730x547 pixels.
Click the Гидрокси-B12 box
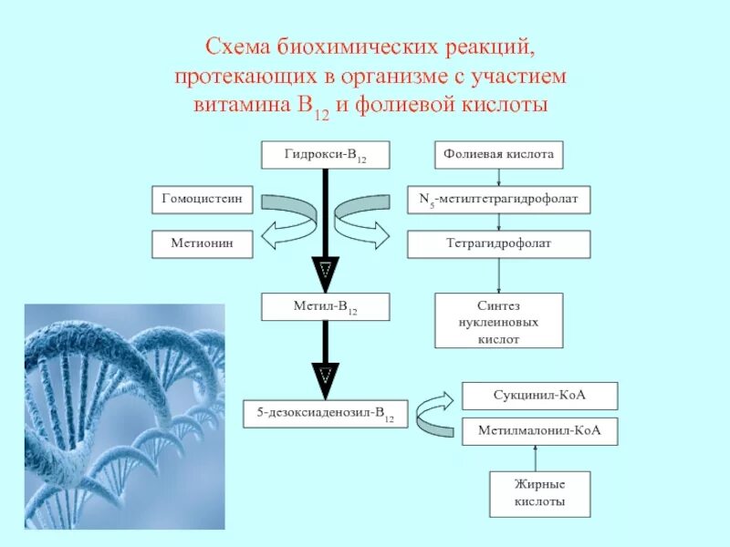[x=326, y=155]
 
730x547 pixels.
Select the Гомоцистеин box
[x=202, y=199]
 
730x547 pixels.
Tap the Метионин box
[x=202, y=243]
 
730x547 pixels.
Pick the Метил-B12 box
[x=326, y=306]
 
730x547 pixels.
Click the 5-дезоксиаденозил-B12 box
[x=326, y=415]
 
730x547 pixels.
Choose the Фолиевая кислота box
[x=498, y=155]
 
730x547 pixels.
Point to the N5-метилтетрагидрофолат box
[x=498, y=199]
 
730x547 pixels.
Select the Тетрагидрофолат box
[x=498, y=243]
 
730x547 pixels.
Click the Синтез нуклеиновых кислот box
[x=498, y=320]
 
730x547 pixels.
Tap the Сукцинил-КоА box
[x=539, y=396]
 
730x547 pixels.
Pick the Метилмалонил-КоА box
[x=539, y=431]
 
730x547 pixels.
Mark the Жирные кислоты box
[x=539, y=494]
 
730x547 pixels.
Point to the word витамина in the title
[x=239, y=103]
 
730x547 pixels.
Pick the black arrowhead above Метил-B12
[x=326, y=272]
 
